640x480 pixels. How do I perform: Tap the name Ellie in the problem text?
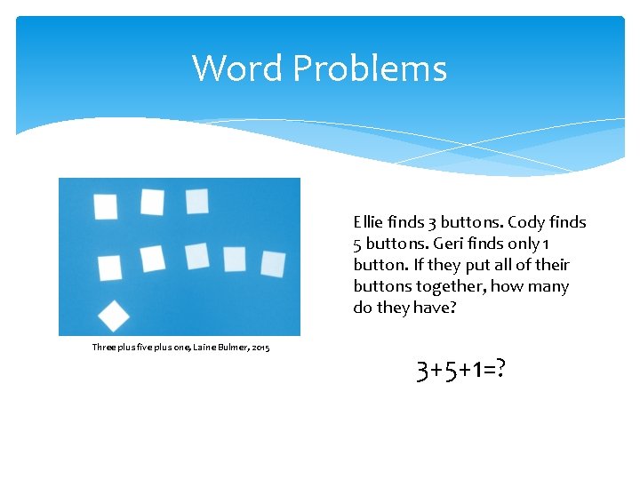click(x=367, y=222)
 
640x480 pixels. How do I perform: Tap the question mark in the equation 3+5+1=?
click(x=502, y=367)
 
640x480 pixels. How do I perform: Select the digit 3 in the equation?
click(x=423, y=367)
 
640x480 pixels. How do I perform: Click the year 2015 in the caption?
click(x=260, y=347)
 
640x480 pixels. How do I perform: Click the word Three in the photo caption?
click(x=105, y=347)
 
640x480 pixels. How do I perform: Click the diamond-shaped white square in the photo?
click(x=113, y=315)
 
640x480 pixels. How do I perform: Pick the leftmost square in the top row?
click(x=106, y=206)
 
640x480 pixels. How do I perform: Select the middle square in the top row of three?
click(x=152, y=203)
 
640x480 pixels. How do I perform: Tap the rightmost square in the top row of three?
click(x=197, y=201)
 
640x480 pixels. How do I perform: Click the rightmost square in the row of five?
click(x=273, y=264)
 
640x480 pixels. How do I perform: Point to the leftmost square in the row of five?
click(x=109, y=267)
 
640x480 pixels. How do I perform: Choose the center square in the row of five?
click(x=197, y=256)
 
